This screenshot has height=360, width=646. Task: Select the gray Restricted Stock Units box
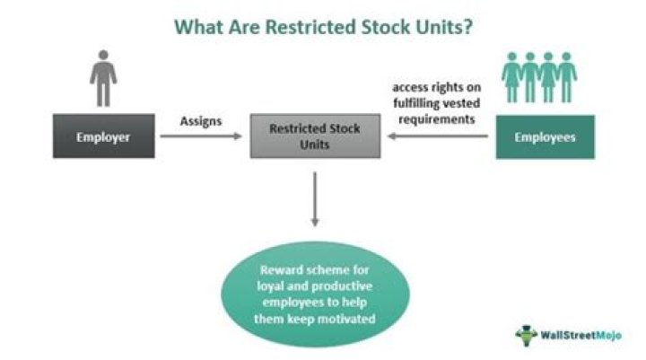315,136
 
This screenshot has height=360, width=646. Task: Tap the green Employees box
545,136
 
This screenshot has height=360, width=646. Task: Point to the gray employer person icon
102,78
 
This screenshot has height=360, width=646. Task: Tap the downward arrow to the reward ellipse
315,200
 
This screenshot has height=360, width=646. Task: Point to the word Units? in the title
441,27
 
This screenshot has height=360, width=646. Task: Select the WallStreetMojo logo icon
527,334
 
